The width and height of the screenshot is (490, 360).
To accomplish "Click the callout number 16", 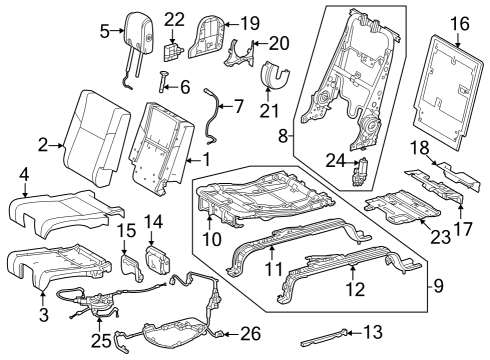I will pyautogui.click(x=458, y=21).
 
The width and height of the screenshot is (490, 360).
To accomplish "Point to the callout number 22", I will pyautogui.click(x=174, y=20).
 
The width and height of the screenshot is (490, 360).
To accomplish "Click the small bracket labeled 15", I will pyautogui.click(x=127, y=264).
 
